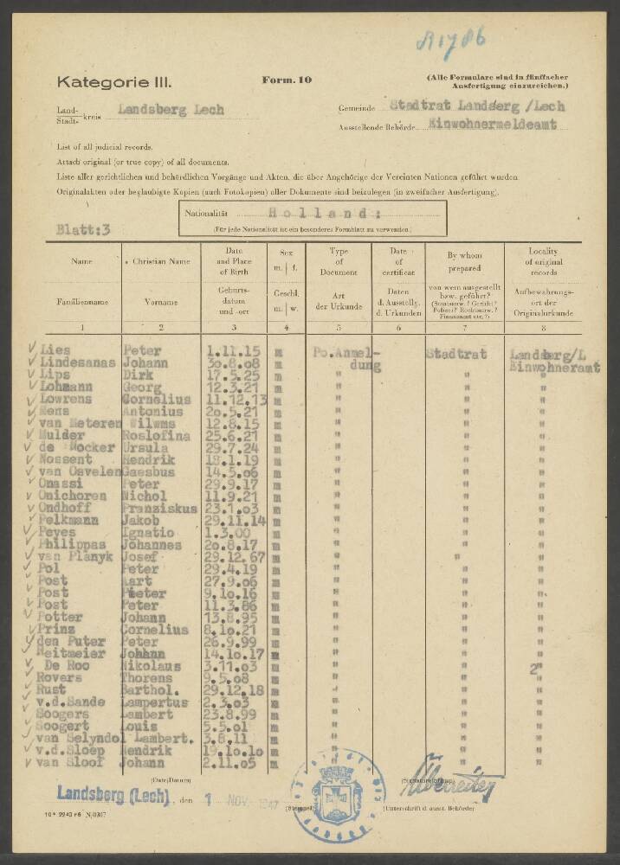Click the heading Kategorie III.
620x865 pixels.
click(x=114, y=83)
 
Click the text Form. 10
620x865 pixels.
click(x=287, y=80)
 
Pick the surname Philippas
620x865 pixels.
click(x=76, y=545)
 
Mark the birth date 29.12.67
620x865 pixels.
click(x=232, y=558)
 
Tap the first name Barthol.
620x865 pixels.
click(x=151, y=691)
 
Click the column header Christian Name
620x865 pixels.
click(x=162, y=259)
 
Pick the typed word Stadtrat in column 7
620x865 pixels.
click(x=456, y=353)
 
